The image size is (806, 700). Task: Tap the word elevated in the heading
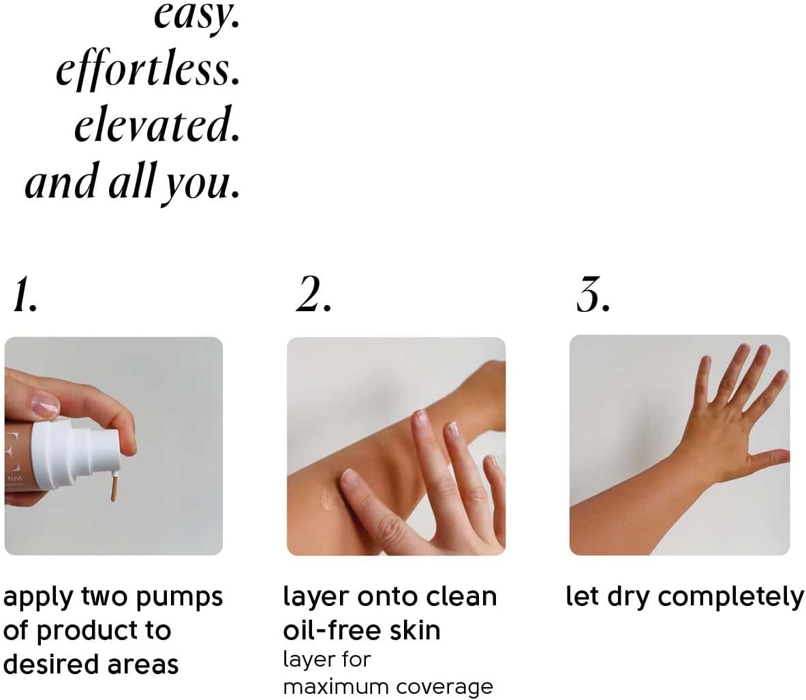157,125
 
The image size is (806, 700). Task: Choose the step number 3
593,295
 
